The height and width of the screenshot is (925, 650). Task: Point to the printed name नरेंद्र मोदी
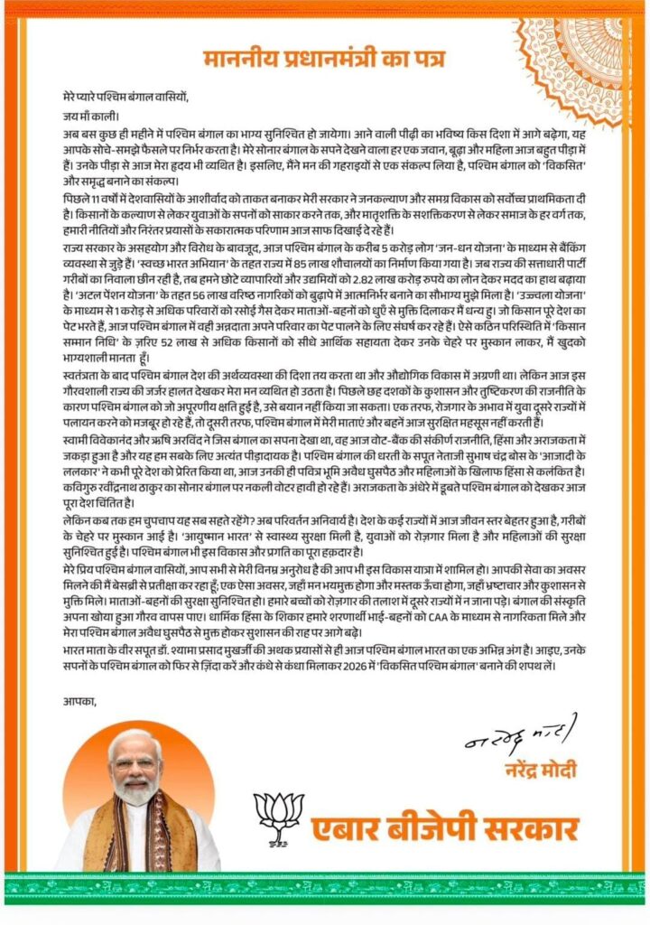point(537,769)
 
